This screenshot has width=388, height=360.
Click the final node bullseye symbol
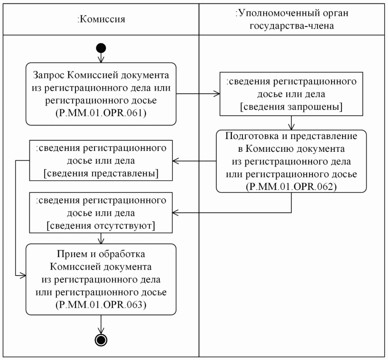click(x=101, y=339)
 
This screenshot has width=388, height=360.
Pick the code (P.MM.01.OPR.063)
click(x=101, y=304)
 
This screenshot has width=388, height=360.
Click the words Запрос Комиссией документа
click(x=101, y=76)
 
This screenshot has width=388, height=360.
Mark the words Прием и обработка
click(x=101, y=256)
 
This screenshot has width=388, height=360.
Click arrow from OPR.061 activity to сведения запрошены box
click(x=198, y=94)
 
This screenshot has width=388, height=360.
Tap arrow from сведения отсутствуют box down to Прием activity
click(x=101, y=239)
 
